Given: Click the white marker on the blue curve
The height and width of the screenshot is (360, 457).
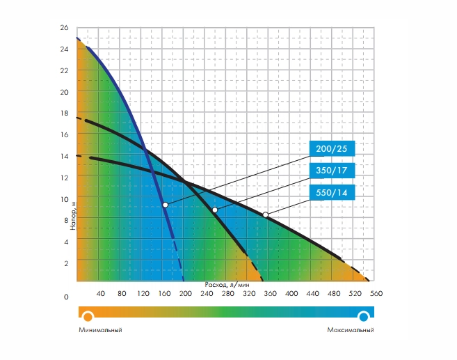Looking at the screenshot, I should click(x=165, y=205).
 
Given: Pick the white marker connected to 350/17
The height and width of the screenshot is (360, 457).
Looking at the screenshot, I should click(x=215, y=210).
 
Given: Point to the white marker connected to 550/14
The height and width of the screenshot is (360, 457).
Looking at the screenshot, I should click(x=265, y=214).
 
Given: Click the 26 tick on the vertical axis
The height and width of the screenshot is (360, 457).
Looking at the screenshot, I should click(x=65, y=28).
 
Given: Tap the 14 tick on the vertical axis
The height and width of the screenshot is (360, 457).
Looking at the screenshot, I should click(x=65, y=157).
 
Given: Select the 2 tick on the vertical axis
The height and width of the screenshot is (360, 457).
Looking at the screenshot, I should click(x=66, y=263).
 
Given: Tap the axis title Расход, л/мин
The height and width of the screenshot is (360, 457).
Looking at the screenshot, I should click(x=227, y=285).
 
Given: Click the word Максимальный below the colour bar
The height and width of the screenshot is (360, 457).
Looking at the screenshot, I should click(x=351, y=329).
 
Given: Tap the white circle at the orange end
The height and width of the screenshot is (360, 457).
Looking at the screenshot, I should click(x=88, y=317).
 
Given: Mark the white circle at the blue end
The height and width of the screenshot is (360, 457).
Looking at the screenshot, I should click(x=363, y=317).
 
